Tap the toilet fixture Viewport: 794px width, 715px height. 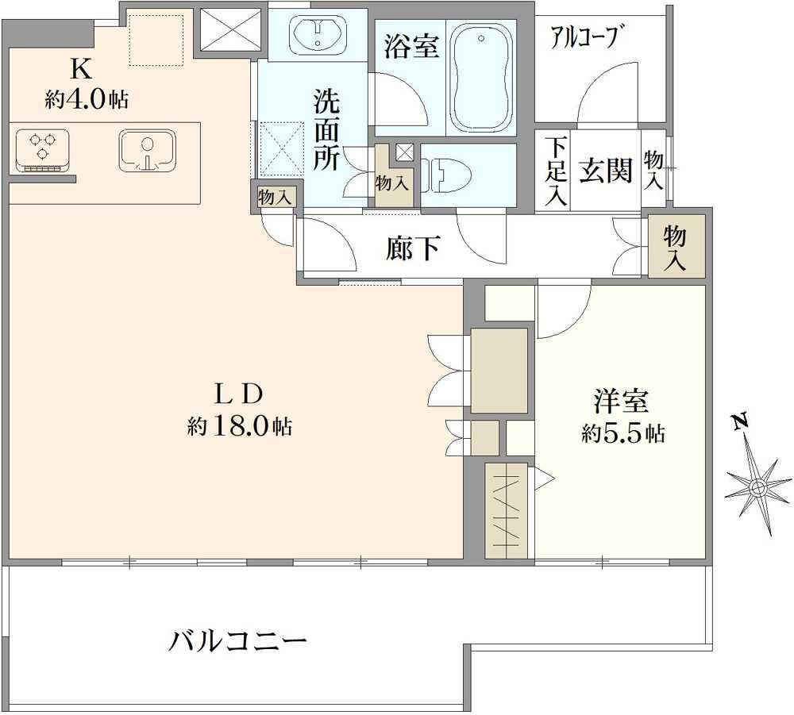[x=445, y=175]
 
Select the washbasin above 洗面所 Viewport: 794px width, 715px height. [x=318, y=35]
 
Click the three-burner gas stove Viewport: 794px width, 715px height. [x=42, y=151]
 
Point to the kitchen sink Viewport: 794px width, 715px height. [x=148, y=150]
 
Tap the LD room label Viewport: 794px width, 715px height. [x=238, y=394]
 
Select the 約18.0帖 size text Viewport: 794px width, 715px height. [x=239, y=427]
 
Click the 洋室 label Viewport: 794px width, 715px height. [x=621, y=402]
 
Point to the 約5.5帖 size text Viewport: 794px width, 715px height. [x=622, y=433]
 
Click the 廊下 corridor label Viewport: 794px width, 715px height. [x=413, y=248]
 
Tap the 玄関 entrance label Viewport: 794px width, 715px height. [x=606, y=170]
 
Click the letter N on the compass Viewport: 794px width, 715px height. [x=741, y=421]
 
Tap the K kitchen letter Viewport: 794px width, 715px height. [x=81, y=69]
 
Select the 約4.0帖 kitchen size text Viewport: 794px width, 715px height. [x=87, y=100]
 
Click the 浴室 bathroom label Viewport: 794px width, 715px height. [x=410, y=46]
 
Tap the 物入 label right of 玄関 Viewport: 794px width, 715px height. [x=653, y=170]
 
